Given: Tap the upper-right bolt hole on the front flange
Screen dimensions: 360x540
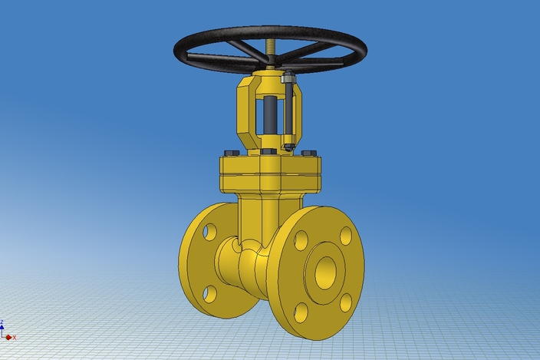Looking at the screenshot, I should click(346, 236).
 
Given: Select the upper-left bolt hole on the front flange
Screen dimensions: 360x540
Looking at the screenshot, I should click(301, 240).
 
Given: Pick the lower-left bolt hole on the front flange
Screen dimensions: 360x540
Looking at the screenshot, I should click(301, 312).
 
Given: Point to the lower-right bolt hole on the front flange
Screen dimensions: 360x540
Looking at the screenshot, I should click(346, 302).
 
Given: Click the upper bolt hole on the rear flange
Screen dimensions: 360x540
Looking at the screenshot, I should click(209, 232).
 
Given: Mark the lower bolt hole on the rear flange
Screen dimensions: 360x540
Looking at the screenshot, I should click(209, 293).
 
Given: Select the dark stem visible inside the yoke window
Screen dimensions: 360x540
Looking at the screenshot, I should click(270, 115).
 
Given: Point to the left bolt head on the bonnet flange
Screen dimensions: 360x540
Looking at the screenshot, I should click(231, 153).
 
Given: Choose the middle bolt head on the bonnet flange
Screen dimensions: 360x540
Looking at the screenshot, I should click(268, 151).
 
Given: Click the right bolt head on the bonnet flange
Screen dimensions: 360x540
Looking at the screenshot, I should click(308, 154).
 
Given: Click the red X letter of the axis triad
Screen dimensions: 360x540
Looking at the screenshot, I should click(14, 337).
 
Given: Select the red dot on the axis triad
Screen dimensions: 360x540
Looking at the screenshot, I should click(8, 336).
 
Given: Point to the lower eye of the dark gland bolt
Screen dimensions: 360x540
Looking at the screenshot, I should click(288, 146).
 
